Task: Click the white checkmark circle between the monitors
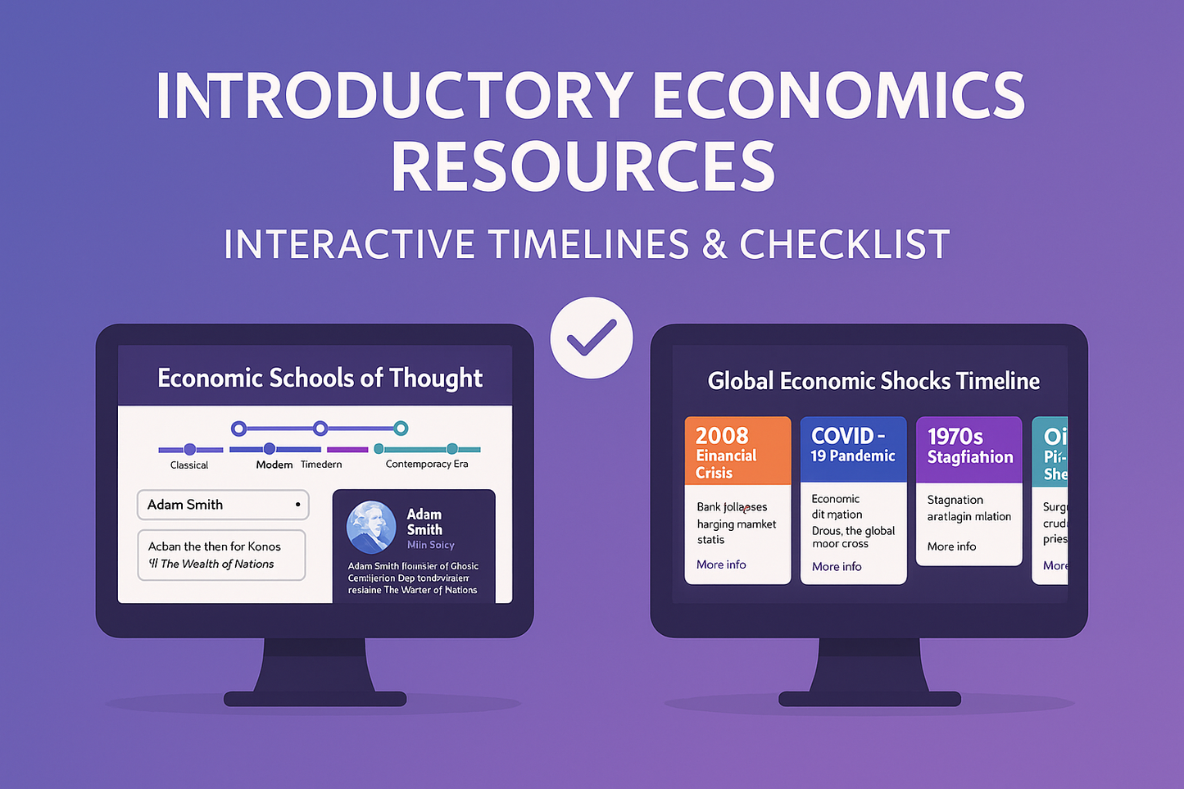tap(591, 338)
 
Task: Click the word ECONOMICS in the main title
tap(837, 96)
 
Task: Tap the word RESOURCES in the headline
tap(583, 166)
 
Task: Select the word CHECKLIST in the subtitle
tap(844, 244)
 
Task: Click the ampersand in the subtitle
tap(714, 244)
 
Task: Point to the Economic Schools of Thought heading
tap(320, 378)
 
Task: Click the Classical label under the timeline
tap(189, 465)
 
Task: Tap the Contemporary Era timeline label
tap(427, 464)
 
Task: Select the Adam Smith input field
tap(222, 505)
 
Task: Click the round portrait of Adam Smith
tap(371, 526)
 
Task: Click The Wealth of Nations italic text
tap(217, 564)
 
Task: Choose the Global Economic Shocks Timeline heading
tap(873, 381)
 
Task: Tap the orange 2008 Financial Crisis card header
tap(737, 451)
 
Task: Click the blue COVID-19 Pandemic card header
tap(853, 449)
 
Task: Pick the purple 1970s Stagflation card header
tap(969, 449)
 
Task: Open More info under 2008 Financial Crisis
tap(721, 565)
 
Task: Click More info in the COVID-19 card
tap(837, 566)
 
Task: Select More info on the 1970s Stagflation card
tap(951, 546)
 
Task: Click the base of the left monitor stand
tap(315, 698)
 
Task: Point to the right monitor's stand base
tap(869, 698)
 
